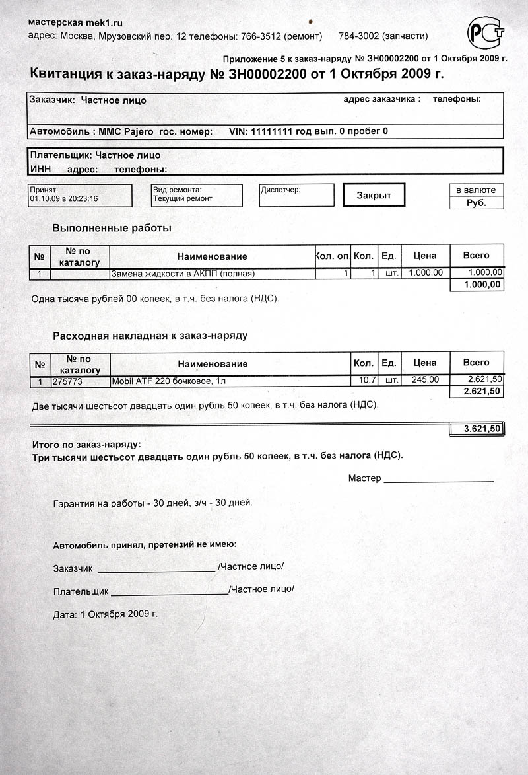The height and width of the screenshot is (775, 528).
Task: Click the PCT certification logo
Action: click(x=485, y=31)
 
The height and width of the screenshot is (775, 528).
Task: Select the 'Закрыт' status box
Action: click(x=374, y=195)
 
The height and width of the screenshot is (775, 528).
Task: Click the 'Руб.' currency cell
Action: click(x=476, y=203)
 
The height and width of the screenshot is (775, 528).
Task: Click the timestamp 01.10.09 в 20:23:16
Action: click(x=64, y=198)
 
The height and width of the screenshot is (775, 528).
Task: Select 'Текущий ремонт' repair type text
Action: click(x=183, y=198)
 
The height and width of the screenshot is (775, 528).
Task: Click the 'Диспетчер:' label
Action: click(x=280, y=190)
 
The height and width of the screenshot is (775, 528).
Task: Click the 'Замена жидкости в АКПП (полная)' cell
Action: click(x=183, y=273)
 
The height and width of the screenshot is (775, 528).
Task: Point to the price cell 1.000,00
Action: click(x=426, y=272)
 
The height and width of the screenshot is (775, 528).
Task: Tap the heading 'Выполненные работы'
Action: click(x=112, y=228)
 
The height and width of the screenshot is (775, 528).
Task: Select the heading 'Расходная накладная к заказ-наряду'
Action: click(x=150, y=336)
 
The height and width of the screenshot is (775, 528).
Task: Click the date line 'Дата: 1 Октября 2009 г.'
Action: click(x=106, y=614)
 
